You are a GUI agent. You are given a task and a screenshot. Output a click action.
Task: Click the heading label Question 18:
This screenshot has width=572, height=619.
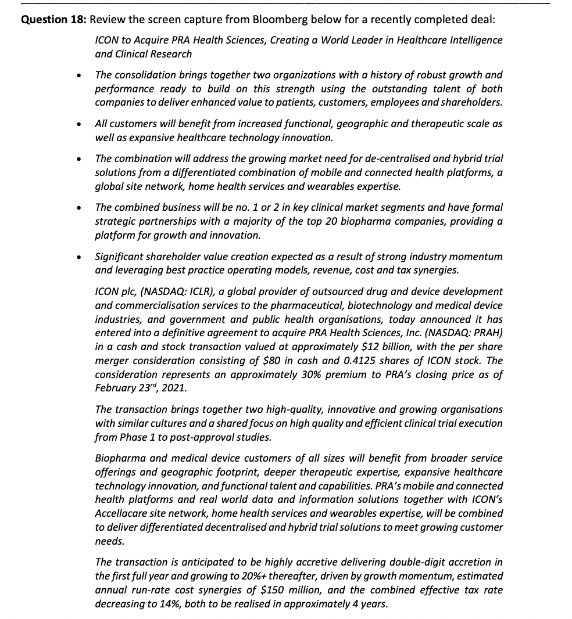(53, 19)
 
